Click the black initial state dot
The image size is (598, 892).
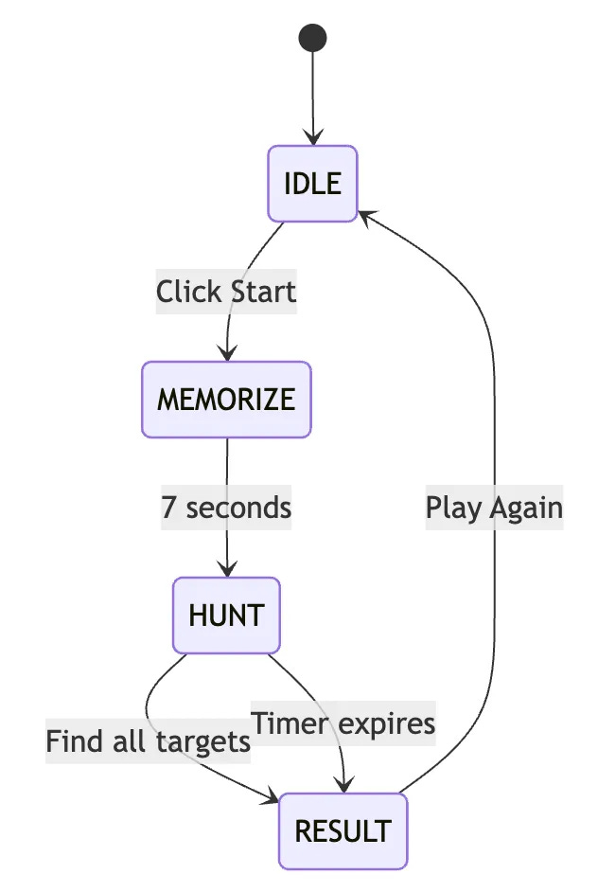pyautogui.click(x=312, y=38)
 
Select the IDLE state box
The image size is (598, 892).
pyautogui.click(x=312, y=183)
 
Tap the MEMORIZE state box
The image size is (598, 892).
pyautogui.click(x=226, y=399)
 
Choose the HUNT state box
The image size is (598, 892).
pyautogui.click(x=226, y=615)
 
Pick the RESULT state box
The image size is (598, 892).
pyautogui.click(x=343, y=830)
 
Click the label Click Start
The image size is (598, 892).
pyautogui.click(x=226, y=291)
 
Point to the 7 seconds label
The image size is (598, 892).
pyautogui.click(x=226, y=507)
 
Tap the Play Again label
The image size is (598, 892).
pyautogui.click(x=494, y=507)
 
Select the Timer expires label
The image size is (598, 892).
pyautogui.click(x=343, y=723)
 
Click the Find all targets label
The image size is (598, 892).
pyautogui.click(x=149, y=740)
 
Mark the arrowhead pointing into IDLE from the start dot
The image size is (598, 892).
pyautogui.click(x=312, y=138)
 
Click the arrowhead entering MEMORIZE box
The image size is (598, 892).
pyautogui.click(x=227, y=354)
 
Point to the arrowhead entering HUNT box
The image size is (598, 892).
pyautogui.click(x=227, y=570)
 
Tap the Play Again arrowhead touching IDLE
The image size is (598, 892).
pyautogui.click(x=364, y=215)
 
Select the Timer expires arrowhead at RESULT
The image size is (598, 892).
pyautogui.click(x=345, y=785)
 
